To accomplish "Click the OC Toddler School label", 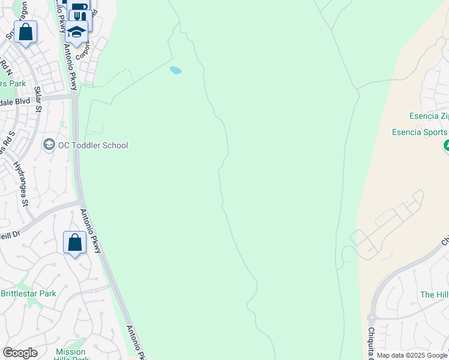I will click(x=93, y=145).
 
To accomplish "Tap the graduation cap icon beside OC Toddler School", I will click(x=49, y=145).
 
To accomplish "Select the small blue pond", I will click(x=175, y=70).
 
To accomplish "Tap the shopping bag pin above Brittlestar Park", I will click(x=75, y=242).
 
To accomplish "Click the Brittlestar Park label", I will click(x=28, y=293).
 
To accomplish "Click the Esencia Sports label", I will click(x=420, y=132).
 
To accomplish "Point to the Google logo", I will click(x=20, y=353).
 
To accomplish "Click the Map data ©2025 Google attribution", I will click(x=412, y=355).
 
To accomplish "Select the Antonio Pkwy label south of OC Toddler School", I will click(x=91, y=230).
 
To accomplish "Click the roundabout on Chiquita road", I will click(x=372, y=317).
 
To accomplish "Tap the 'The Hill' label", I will click(x=434, y=295).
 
